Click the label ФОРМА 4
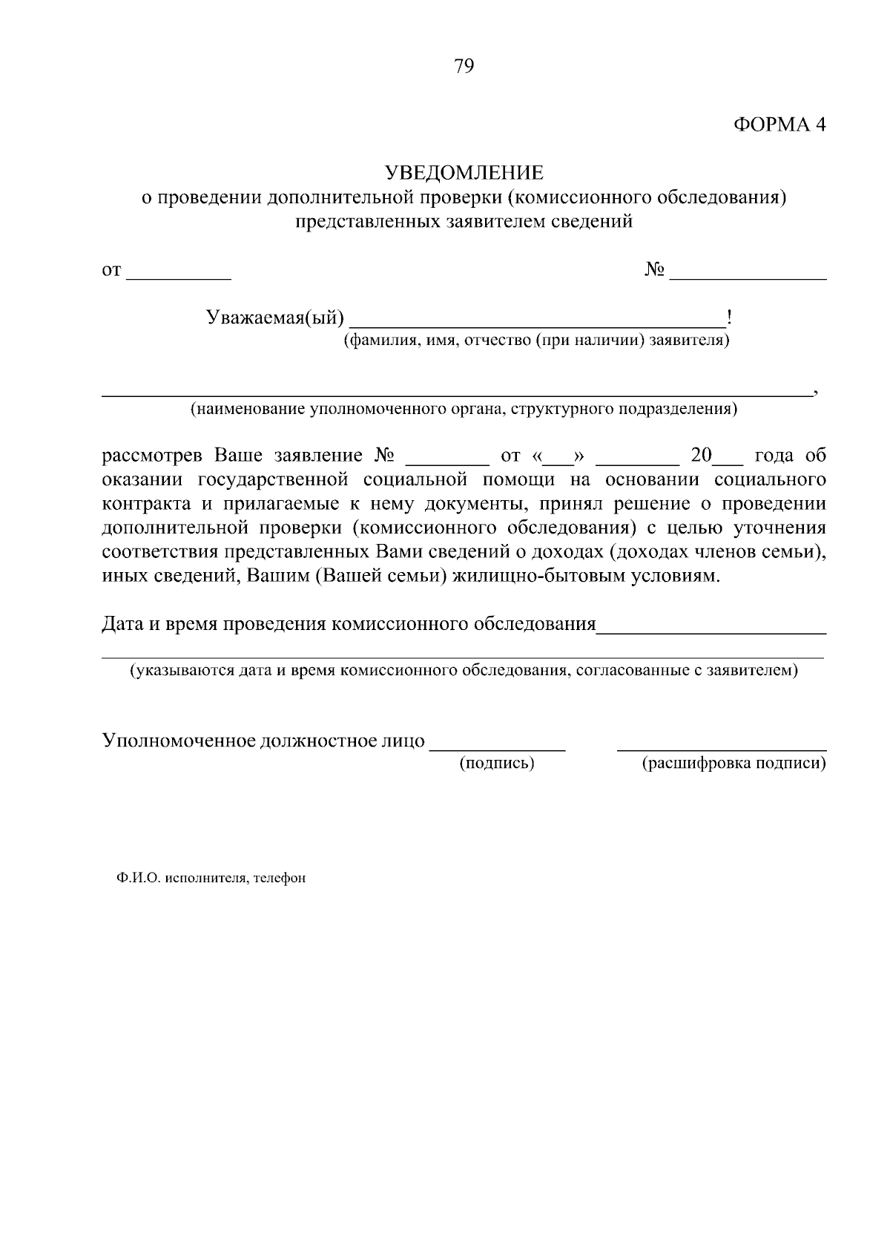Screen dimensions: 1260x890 coord(779,125)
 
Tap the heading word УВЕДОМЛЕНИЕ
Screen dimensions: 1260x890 coord(464,173)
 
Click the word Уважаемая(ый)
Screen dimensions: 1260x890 coord(274,318)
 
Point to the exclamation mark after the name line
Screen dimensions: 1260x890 coord(730,318)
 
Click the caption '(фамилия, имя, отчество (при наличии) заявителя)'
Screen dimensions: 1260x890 coord(535,341)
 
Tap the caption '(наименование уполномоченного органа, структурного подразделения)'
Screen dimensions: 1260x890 coord(464,408)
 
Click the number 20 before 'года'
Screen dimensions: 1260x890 coord(701,456)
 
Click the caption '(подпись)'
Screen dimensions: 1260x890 coord(497,763)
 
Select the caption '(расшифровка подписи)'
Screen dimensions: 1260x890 coord(734,763)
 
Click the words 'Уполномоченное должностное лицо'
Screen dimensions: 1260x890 coord(263,741)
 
